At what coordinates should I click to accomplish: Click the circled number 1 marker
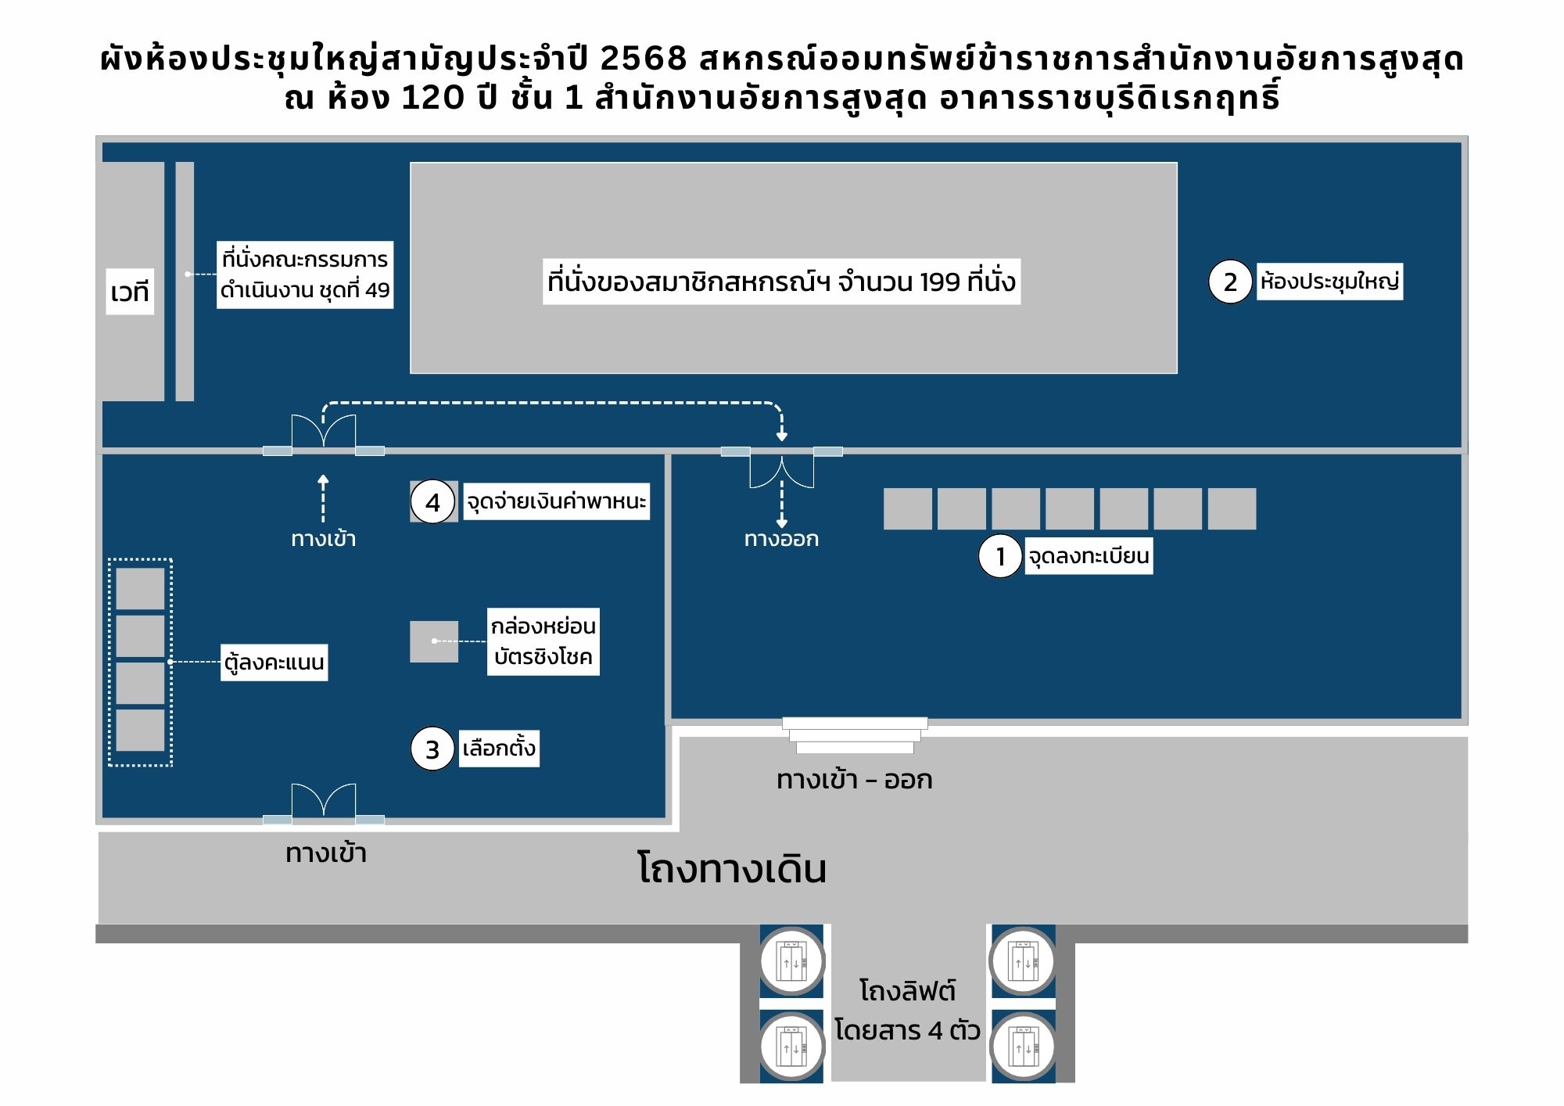point(999,556)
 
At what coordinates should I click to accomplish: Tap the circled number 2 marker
point(1230,282)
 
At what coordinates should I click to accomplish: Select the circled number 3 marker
point(432,749)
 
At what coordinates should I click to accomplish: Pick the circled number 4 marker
point(432,502)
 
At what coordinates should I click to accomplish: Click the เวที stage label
point(130,292)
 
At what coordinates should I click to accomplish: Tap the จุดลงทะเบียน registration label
point(1088,556)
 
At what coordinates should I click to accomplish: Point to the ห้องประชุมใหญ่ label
point(1329,282)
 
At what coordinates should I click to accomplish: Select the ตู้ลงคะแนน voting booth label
point(274,663)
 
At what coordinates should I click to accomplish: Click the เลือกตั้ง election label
point(499,749)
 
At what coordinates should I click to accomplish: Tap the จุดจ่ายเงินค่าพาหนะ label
point(556,501)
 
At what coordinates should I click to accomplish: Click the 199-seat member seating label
point(781,282)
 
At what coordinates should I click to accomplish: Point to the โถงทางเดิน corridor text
point(732,869)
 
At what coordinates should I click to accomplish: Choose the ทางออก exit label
point(781,539)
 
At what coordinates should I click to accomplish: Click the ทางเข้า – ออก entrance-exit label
point(854,780)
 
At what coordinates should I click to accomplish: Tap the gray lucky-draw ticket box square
point(434,641)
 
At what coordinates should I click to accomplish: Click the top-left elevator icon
point(791,961)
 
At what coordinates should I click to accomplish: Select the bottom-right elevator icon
point(1023,1046)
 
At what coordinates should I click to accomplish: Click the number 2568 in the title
point(644,59)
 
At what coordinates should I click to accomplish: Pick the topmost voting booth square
point(140,588)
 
